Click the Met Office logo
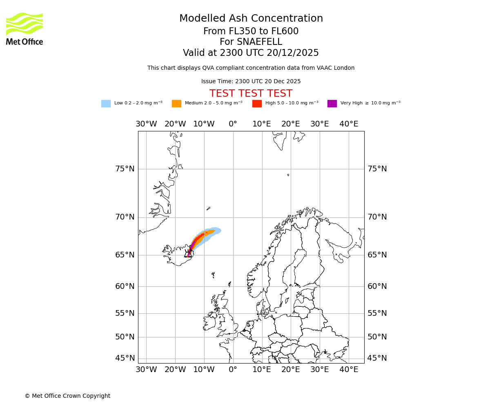24,29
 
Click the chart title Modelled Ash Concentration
251,19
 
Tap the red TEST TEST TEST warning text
251,94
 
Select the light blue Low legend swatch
106,104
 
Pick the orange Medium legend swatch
176,104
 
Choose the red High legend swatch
257,104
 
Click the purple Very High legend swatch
332,104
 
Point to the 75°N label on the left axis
125,169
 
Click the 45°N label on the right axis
377,358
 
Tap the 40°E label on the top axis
349,124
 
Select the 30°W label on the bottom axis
146,370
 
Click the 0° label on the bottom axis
233,370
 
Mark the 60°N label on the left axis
125,286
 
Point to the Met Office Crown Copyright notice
67,396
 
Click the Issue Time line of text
251,82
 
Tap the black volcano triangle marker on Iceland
188,255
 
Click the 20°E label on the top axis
291,124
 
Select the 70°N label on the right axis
377,217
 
